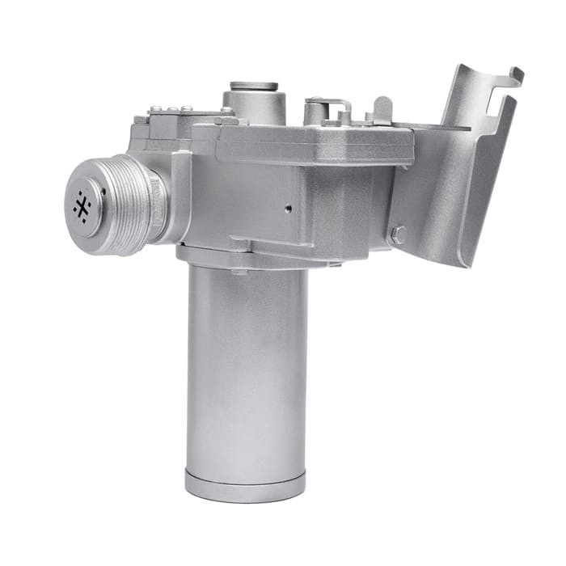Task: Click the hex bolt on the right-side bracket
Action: [397, 235]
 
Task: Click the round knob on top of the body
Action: [254, 87]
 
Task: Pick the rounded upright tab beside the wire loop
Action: [382, 108]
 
